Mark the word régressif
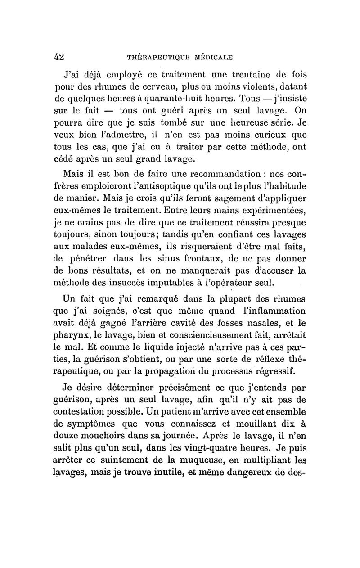274,371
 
